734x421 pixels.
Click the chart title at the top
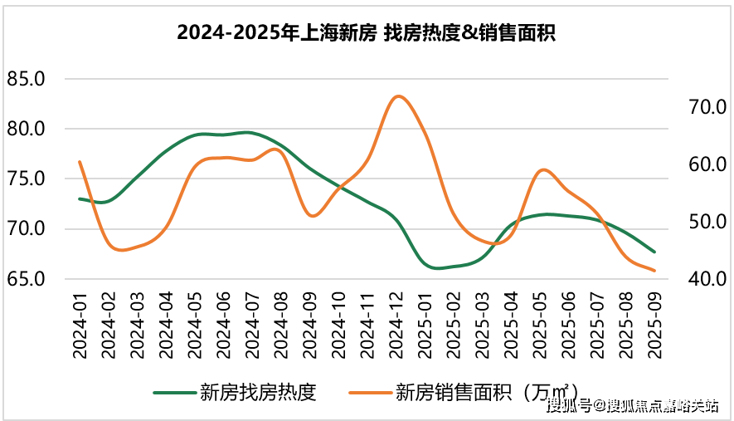coord(366,33)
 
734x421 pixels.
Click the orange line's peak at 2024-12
coord(399,96)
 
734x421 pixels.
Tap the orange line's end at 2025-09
coord(655,270)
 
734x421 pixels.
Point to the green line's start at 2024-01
coord(80,198)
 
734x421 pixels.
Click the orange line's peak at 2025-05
coord(542,169)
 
